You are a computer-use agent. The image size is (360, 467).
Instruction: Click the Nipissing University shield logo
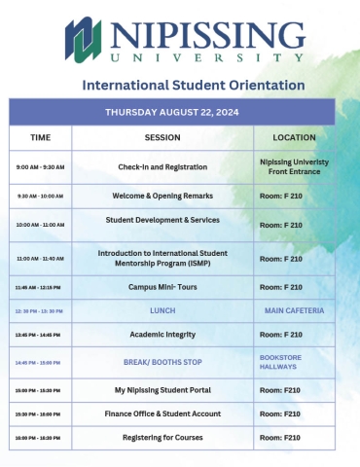[x=86, y=40]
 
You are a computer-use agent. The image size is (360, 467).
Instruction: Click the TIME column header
[x=41, y=137]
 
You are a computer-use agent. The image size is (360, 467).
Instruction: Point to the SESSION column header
[x=162, y=137]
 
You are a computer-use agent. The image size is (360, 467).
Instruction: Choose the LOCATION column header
[x=294, y=137]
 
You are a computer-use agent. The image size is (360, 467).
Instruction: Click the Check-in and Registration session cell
[x=162, y=166]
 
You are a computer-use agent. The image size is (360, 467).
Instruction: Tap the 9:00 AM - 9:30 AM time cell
[x=41, y=167]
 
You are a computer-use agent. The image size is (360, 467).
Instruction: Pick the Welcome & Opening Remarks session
[x=162, y=196]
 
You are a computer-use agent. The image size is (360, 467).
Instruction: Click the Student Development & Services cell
[x=162, y=220]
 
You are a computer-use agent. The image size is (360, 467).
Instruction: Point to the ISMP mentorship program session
[x=162, y=258]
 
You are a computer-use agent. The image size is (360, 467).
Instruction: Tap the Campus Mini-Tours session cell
[x=162, y=287]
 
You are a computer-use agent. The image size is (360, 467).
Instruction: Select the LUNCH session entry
[x=162, y=310]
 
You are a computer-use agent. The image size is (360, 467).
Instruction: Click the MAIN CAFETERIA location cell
[x=294, y=310]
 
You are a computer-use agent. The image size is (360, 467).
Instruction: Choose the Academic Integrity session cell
[x=162, y=334]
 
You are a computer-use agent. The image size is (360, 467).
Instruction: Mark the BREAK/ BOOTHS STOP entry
[x=162, y=362]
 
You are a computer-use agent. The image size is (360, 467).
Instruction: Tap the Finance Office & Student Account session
[x=162, y=413]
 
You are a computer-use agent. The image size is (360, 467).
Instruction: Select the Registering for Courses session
[x=162, y=437]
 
